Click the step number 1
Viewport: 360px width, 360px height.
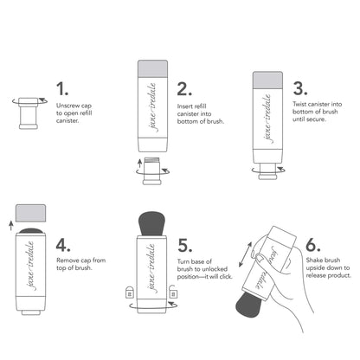pyautogui.click(x=61, y=89)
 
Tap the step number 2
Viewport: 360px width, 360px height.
pyautogui.click(x=183, y=89)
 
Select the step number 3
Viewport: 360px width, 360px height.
pyautogui.click(x=300, y=89)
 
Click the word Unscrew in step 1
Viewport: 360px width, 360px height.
pyautogui.click(x=68, y=105)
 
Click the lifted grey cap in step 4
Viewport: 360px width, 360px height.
pyautogui.click(x=32, y=212)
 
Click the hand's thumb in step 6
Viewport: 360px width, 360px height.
pyautogui.click(x=288, y=260)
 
